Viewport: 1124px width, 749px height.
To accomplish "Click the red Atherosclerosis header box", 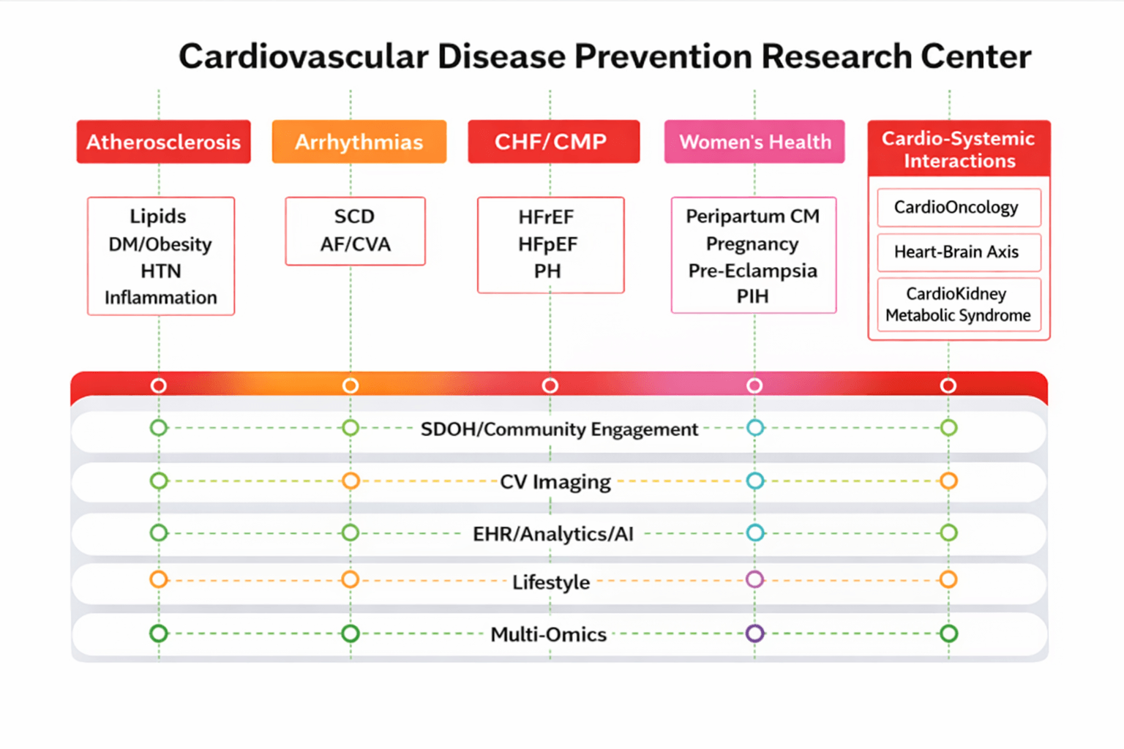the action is pyautogui.click(x=164, y=142).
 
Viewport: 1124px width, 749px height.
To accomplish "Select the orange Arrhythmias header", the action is pyautogui.click(x=359, y=142).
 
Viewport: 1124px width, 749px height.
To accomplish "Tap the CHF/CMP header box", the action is pyautogui.click(x=554, y=142).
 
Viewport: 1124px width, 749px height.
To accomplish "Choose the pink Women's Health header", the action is pyautogui.click(x=754, y=142).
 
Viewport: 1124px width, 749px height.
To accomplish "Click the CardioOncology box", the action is pyautogui.click(x=959, y=207).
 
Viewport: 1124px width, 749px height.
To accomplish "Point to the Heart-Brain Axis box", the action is pyautogui.click(x=959, y=252).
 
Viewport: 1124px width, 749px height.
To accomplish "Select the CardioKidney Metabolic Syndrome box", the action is pyautogui.click(x=959, y=304).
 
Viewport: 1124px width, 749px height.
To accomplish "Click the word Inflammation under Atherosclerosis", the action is pyautogui.click(x=160, y=298).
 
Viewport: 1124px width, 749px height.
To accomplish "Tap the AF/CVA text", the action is pyautogui.click(x=355, y=244).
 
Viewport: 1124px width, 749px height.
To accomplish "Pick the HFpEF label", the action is pyautogui.click(x=548, y=244).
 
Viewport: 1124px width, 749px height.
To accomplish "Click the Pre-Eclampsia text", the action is pyautogui.click(x=753, y=271).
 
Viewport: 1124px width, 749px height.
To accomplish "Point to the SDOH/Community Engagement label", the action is pyautogui.click(x=560, y=429).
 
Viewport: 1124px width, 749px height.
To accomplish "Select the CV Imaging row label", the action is pyautogui.click(x=555, y=481).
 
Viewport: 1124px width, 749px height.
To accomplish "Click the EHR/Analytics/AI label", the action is pyautogui.click(x=553, y=534).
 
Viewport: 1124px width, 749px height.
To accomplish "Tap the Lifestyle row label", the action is pyautogui.click(x=551, y=582).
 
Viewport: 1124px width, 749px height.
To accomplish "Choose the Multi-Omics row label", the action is pyautogui.click(x=548, y=635).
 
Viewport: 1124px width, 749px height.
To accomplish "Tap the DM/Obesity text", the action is pyautogui.click(x=160, y=244).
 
